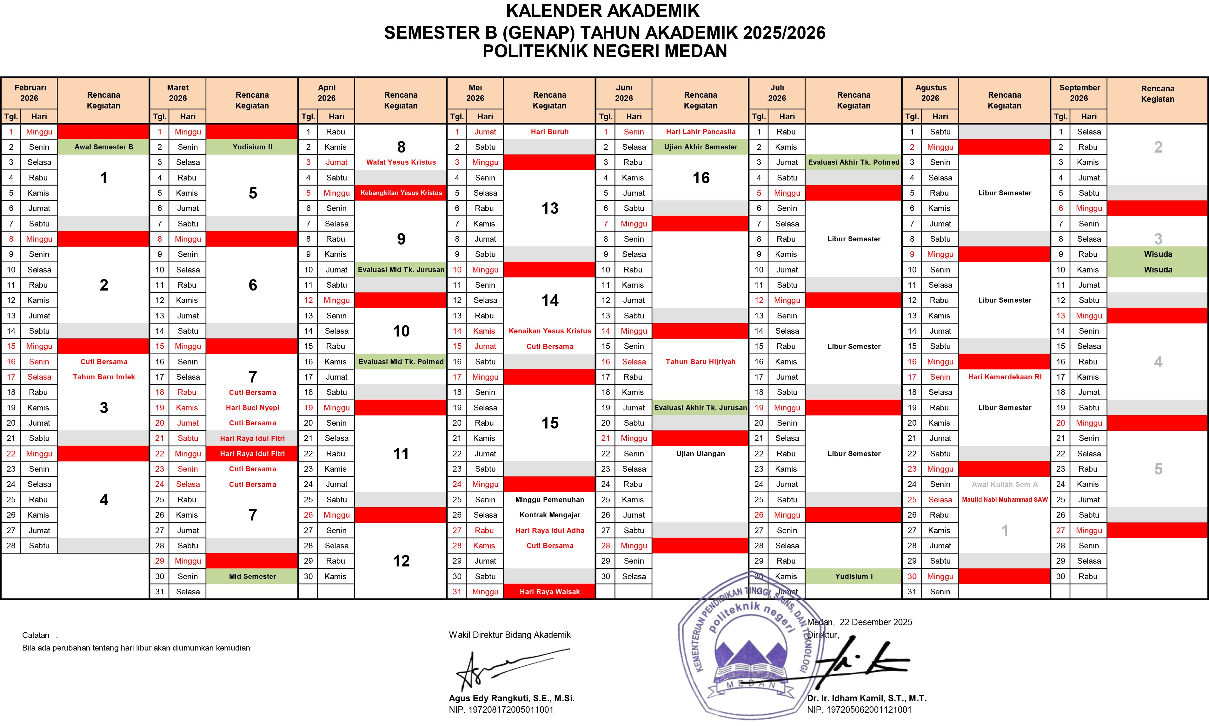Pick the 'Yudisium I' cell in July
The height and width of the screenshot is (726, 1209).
tap(853, 576)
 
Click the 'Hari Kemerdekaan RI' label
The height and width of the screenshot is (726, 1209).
tap(1004, 377)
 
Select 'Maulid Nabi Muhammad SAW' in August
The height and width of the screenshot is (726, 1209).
tap(1004, 500)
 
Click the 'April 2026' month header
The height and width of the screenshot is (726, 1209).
tap(327, 93)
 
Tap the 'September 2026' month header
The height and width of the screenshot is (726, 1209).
tap(1079, 93)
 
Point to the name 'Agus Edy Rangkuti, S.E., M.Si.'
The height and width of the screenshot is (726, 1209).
tap(512, 698)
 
